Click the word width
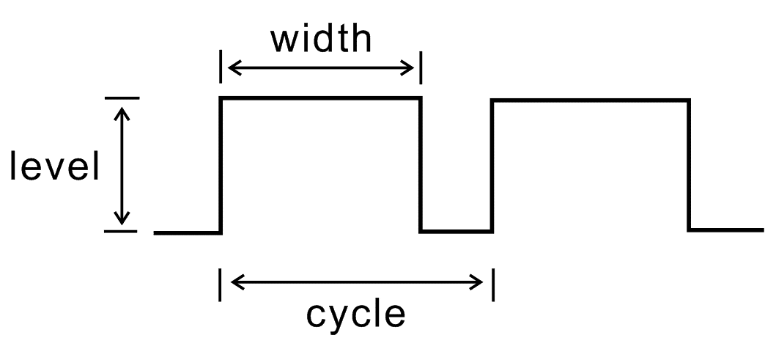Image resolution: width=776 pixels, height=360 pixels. click(321, 40)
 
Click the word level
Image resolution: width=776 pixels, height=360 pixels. click(54, 166)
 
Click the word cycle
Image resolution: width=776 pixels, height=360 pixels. click(356, 314)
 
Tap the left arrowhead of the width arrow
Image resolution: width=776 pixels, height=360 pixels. click(234, 67)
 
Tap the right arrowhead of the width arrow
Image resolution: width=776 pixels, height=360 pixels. click(407, 67)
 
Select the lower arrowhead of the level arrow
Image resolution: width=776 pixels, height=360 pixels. click(122, 217)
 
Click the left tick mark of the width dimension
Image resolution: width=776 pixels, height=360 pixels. click(221, 67)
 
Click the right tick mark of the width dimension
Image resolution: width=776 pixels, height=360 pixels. click(421, 67)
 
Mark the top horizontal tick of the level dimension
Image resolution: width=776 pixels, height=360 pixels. click(122, 98)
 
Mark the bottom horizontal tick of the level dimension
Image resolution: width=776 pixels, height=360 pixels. click(121, 231)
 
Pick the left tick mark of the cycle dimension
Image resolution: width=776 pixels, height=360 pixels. click(221, 284)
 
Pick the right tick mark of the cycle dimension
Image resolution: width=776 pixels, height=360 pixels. click(493, 284)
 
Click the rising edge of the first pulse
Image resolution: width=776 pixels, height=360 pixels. click(221, 166)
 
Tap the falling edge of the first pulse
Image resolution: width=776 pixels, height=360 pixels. click(421, 165)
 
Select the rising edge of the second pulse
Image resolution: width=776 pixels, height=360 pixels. click(492, 166)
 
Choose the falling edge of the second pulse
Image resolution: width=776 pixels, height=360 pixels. click(689, 166)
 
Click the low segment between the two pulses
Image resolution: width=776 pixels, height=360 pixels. click(457, 231)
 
